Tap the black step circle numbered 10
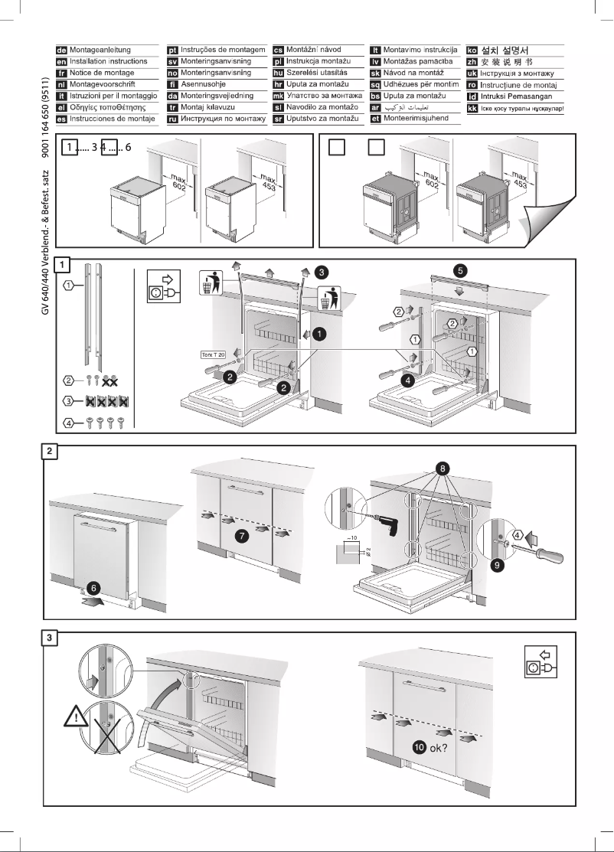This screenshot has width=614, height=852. [419, 747]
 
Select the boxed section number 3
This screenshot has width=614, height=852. [48, 640]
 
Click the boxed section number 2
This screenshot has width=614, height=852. [48, 451]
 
